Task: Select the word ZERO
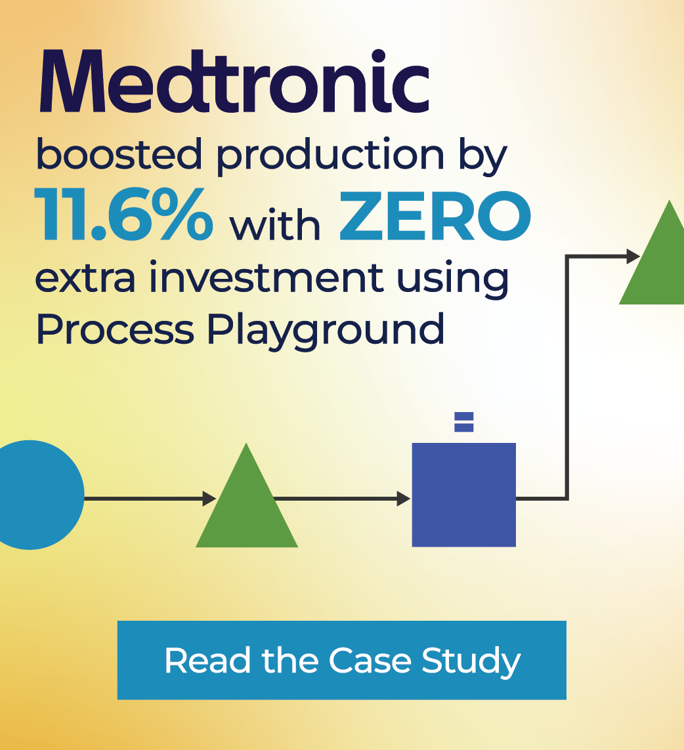(x=435, y=217)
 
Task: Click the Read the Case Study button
(x=341, y=660)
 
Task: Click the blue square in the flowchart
(x=463, y=495)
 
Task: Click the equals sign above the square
(x=464, y=421)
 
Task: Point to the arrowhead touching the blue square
(x=403, y=499)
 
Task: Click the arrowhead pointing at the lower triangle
(x=209, y=499)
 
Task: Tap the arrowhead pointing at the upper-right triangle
(x=633, y=257)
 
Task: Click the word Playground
(x=326, y=330)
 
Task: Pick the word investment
(x=265, y=277)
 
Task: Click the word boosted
(x=119, y=156)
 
